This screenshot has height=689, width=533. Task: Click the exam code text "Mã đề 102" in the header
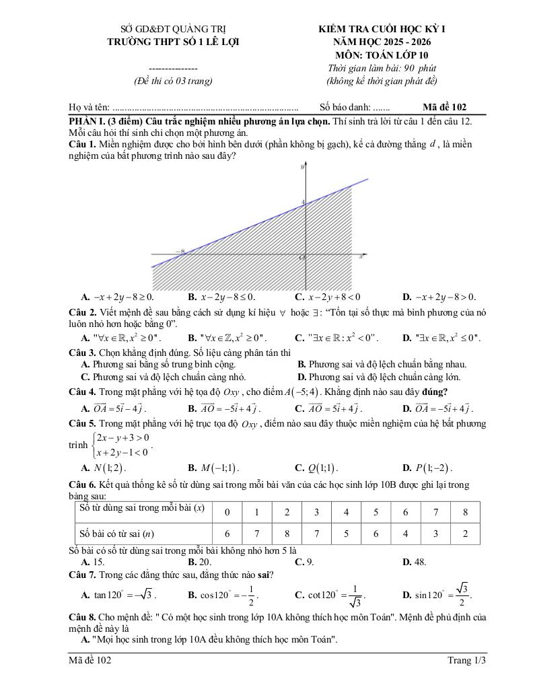pos(445,106)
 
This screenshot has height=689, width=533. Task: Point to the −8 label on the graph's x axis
pos(180,252)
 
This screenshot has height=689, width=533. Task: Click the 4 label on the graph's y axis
pos(303,201)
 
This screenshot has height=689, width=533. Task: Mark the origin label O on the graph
pos(302,258)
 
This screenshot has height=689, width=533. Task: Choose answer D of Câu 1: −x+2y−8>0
pos(439,296)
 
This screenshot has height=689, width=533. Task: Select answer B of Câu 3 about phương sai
pos(382,364)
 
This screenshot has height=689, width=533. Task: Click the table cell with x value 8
pos(464,512)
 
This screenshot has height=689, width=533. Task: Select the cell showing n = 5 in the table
pos(346,534)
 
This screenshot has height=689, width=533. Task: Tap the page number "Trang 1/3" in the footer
pos(466,661)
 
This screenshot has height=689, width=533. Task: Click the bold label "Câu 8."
pos(83,616)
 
